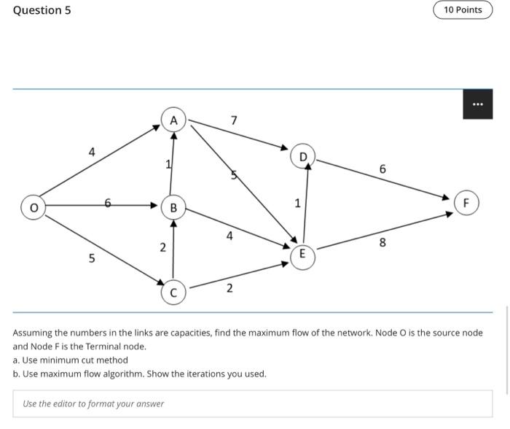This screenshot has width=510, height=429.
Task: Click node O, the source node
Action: (33, 207)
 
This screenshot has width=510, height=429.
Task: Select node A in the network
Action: (173, 120)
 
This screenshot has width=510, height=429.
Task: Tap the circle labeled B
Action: (173, 208)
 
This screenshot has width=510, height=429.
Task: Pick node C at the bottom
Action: (173, 293)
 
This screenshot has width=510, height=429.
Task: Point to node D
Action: (303, 155)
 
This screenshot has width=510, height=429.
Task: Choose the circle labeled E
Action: (302, 255)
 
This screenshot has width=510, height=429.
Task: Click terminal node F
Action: (466, 202)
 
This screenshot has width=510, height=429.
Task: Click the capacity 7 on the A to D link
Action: (233, 120)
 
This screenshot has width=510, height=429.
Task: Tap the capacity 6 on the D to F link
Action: (382, 169)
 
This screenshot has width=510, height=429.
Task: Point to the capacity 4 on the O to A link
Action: (91, 152)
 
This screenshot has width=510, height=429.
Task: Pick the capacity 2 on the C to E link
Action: (229, 288)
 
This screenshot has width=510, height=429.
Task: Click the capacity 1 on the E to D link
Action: (297, 203)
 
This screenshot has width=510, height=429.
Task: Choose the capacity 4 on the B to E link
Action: (229, 236)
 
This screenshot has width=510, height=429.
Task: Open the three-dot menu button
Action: (478, 104)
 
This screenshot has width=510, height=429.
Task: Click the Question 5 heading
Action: (42, 10)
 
